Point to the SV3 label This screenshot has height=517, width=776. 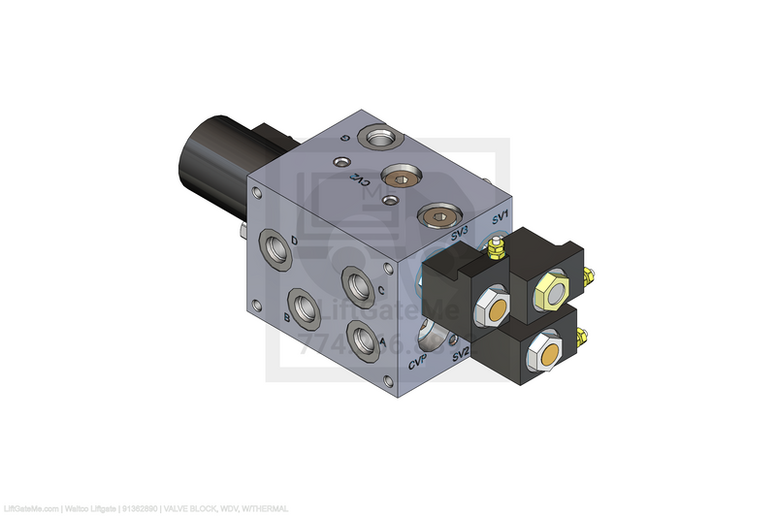coord(460,234)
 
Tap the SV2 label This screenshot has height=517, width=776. coord(460,352)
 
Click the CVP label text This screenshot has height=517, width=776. coord(419,365)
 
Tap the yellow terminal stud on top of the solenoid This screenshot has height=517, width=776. coord(496,250)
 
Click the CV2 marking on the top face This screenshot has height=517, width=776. coord(358,179)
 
